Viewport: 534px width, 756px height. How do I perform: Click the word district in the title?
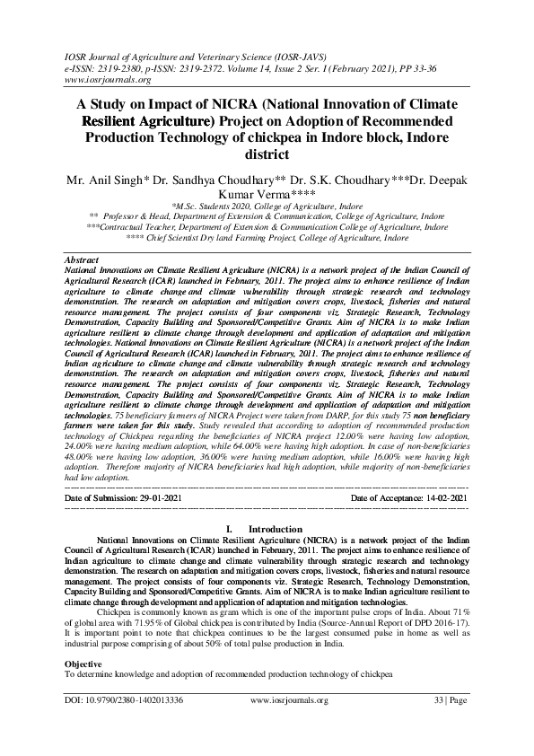[267, 154]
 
